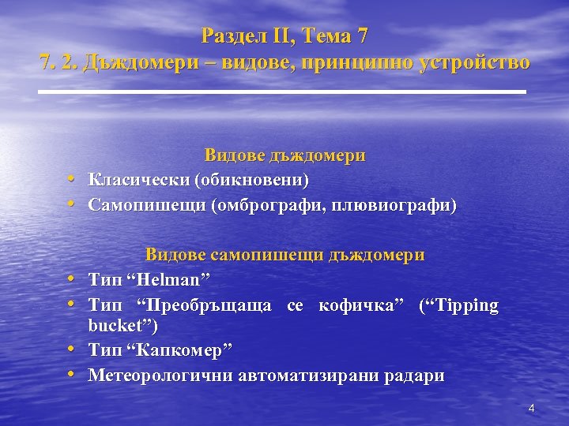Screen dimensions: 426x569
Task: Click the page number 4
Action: point(531,408)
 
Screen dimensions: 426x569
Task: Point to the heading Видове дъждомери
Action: point(284,155)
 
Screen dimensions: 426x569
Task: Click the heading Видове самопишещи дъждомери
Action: point(284,255)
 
